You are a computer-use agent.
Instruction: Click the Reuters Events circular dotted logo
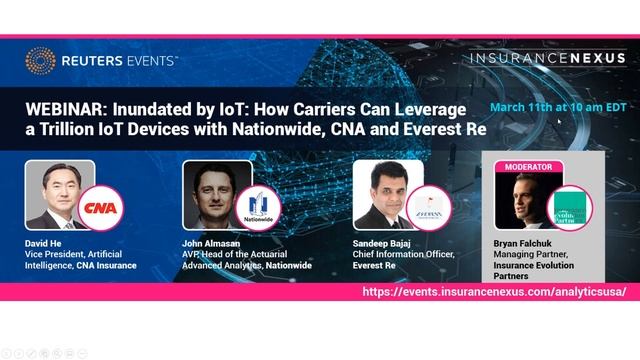pos(39,59)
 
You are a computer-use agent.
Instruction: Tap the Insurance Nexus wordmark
pos(548,60)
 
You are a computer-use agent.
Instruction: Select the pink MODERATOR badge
pos(529,166)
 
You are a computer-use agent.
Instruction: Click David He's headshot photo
pos(56,195)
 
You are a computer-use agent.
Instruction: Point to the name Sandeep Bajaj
pos(386,244)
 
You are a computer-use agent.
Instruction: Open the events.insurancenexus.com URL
pos(494,291)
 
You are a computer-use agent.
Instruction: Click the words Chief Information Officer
pos(405,254)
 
